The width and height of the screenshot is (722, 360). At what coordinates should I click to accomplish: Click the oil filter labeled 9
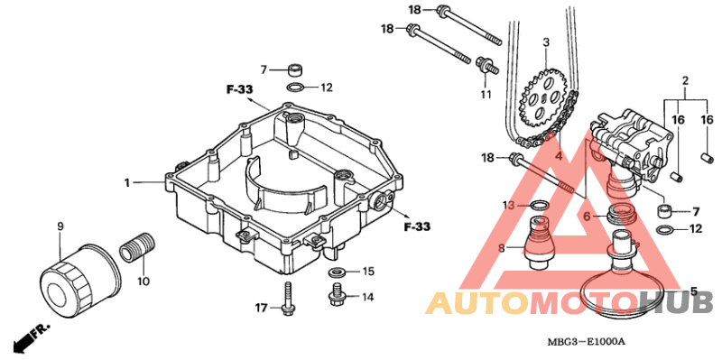pyautogui.click(x=80, y=281)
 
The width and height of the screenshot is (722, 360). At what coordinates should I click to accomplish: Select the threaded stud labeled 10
pyautogui.click(x=138, y=245)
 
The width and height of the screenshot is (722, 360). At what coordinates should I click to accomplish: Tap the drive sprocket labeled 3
pyautogui.click(x=543, y=97)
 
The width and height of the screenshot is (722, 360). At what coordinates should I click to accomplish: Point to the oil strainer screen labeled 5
pyautogui.click(x=620, y=276)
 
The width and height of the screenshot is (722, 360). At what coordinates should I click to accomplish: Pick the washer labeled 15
pyautogui.click(x=338, y=272)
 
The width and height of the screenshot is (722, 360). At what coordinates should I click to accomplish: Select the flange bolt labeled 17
pyautogui.click(x=287, y=300)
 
